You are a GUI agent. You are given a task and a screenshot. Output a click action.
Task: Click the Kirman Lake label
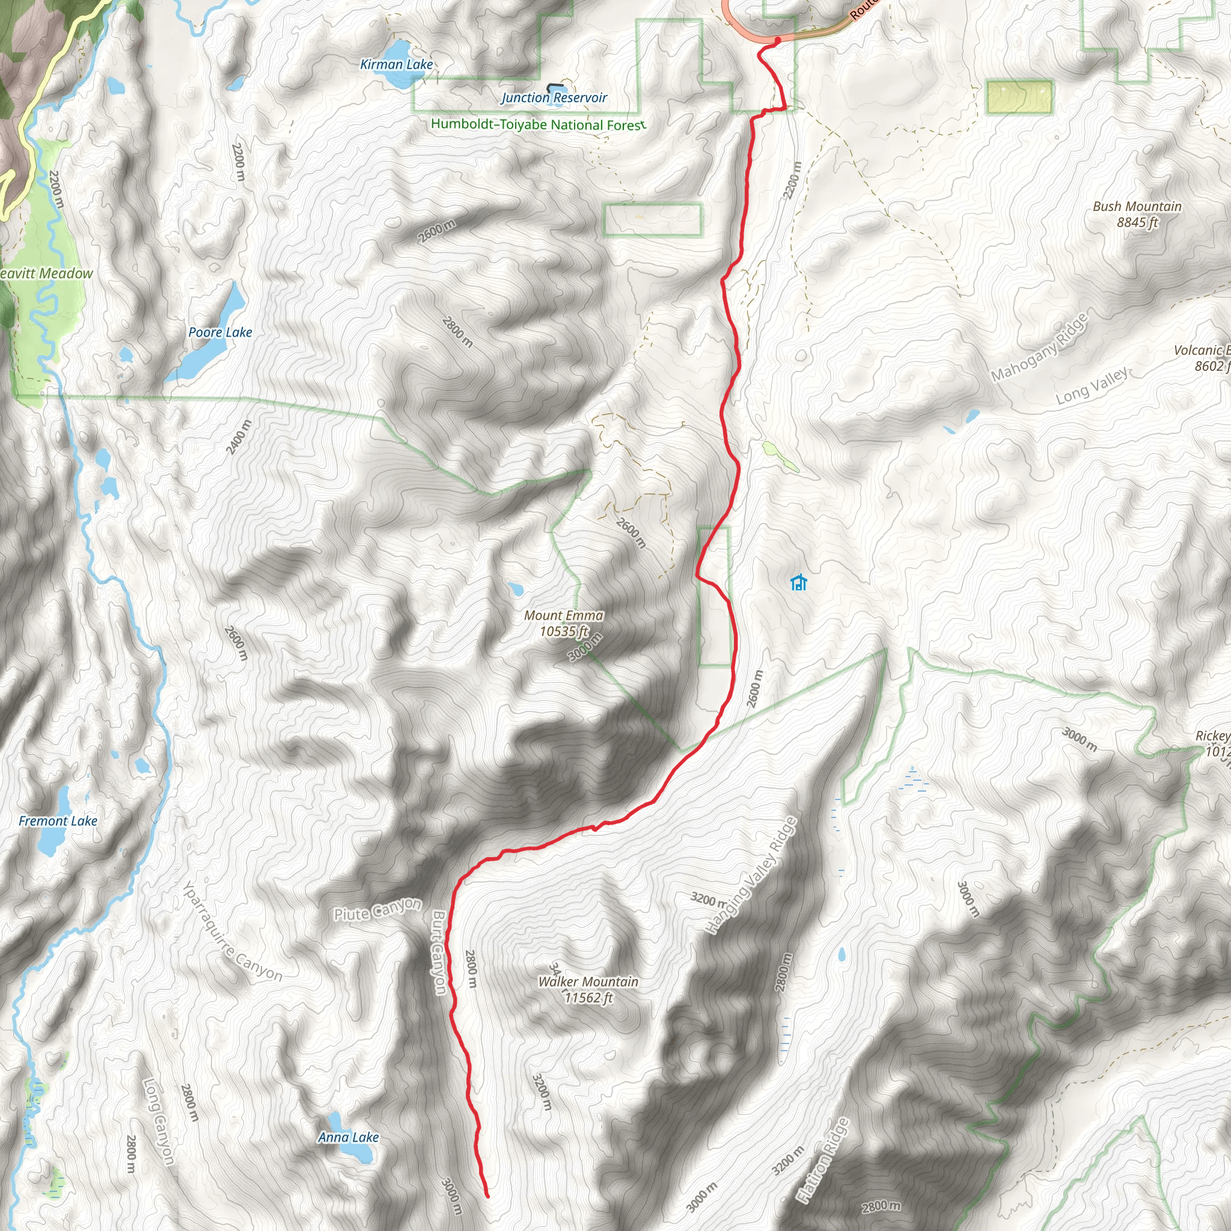[396, 64]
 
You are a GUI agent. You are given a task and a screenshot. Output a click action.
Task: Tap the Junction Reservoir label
[554, 97]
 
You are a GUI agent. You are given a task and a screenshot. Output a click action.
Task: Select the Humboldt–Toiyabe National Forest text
[538, 124]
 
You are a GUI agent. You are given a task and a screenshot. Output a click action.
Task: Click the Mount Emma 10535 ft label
[563, 623]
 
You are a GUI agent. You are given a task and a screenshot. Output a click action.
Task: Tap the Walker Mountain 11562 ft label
[588, 989]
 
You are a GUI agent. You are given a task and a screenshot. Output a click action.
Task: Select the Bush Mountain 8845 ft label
[1137, 214]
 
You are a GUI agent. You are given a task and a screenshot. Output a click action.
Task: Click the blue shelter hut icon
[798, 582]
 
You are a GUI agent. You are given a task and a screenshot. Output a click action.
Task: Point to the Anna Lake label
[349, 1137]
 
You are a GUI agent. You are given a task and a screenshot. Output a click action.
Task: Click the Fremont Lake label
[58, 820]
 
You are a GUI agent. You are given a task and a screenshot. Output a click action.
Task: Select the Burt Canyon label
[439, 952]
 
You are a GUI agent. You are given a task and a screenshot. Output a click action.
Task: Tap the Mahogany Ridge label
[1039, 349]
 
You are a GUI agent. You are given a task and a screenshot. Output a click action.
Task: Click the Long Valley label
[1092, 386]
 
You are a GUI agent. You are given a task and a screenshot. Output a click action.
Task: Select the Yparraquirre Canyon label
[233, 932]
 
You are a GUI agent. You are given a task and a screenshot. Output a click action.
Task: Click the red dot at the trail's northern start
[777, 40]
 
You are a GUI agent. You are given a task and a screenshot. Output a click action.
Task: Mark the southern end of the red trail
[487, 1197]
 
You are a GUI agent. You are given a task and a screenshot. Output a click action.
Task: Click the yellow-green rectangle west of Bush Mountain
[1019, 97]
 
